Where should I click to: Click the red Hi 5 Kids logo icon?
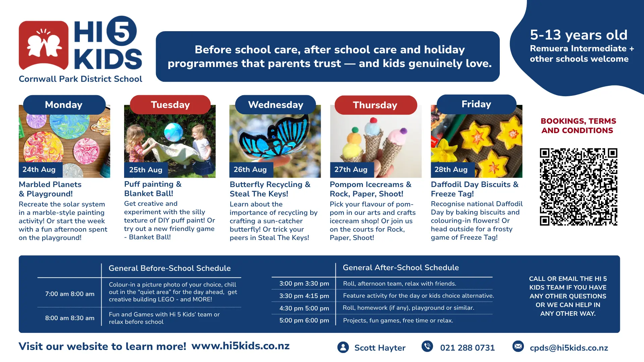point(44,45)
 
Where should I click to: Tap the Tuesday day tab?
point(170,105)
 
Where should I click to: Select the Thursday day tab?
point(376,105)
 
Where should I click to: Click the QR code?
point(579,187)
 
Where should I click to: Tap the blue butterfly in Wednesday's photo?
point(276,137)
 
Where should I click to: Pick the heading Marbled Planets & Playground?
point(50,189)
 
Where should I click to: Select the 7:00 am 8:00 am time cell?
point(70,294)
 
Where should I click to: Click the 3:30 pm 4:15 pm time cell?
point(304,296)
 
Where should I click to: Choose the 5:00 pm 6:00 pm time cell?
point(304,320)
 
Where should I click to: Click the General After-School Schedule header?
point(401,267)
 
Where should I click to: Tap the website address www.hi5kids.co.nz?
point(240,346)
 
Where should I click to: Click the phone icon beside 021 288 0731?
point(427,346)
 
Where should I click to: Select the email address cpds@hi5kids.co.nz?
point(569,348)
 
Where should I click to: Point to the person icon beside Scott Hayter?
point(343,347)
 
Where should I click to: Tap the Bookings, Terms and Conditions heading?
point(578,126)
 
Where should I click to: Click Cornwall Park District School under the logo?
point(80,79)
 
